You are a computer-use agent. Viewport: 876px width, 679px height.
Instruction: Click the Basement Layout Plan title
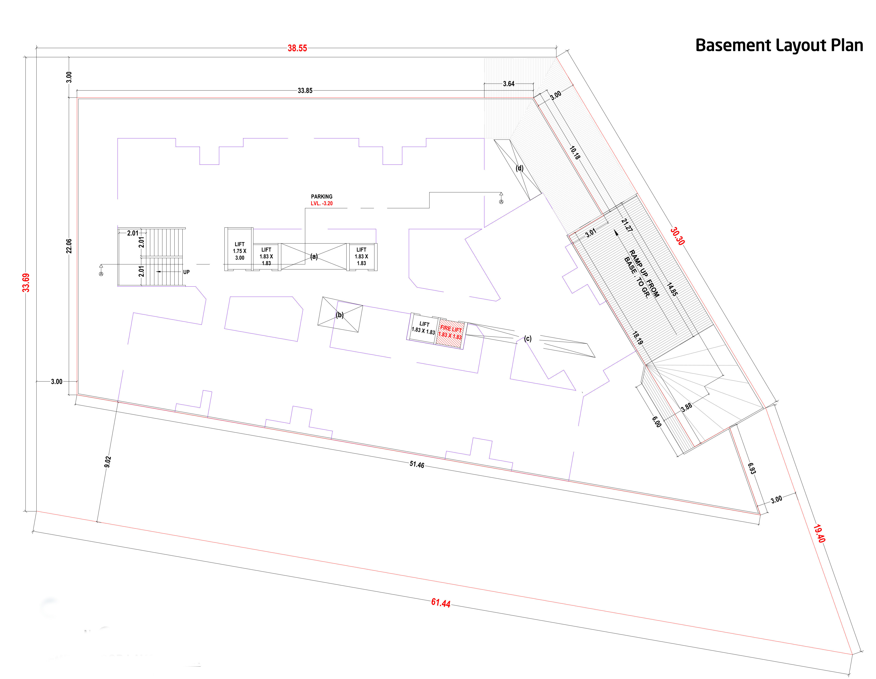779,45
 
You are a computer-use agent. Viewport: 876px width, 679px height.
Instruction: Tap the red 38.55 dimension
297,48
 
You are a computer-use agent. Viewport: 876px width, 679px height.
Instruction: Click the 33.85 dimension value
305,91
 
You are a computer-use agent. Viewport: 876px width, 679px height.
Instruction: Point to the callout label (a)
314,256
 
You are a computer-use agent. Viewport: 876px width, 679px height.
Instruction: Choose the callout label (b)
340,315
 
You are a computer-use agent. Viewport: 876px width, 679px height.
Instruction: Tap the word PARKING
322,197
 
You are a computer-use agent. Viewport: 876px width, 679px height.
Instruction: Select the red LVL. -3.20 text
322,203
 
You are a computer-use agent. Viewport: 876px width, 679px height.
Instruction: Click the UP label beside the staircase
187,272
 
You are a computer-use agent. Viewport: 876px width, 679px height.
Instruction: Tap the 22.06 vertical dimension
69,246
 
